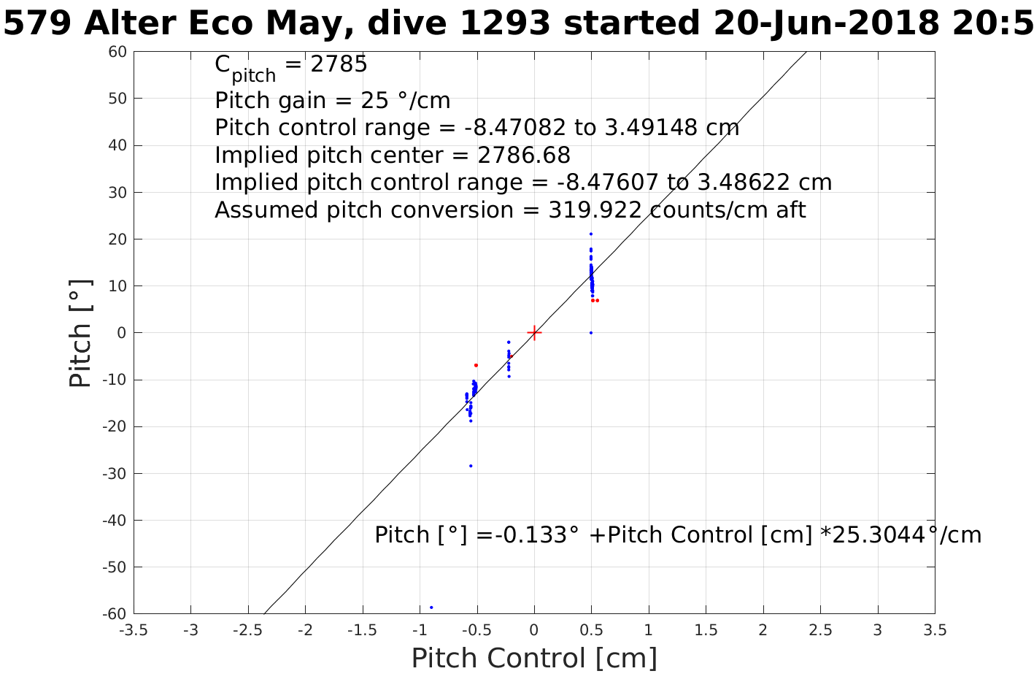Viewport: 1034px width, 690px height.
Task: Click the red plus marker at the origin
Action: [x=534, y=332]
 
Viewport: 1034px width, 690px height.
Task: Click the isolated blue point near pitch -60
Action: [x=431, y=607]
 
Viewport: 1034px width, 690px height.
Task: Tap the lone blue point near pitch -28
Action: [x=471, y=466]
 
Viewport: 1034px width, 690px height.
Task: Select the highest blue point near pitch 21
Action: [x=590, y=234]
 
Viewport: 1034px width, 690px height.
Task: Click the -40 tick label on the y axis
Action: [x=115, y=521]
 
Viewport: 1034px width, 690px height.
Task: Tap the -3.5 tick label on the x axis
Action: [x=134, y=630]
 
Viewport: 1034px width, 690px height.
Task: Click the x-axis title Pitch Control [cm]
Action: [x=534, y=659]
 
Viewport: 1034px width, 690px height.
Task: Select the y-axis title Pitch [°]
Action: [x=81, y=333]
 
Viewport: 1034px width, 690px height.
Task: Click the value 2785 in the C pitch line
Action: [x=339, y=65]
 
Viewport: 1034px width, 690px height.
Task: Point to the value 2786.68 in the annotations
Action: [x=524, y=156]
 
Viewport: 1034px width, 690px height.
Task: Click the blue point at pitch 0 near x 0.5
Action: [x=590, y=333]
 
